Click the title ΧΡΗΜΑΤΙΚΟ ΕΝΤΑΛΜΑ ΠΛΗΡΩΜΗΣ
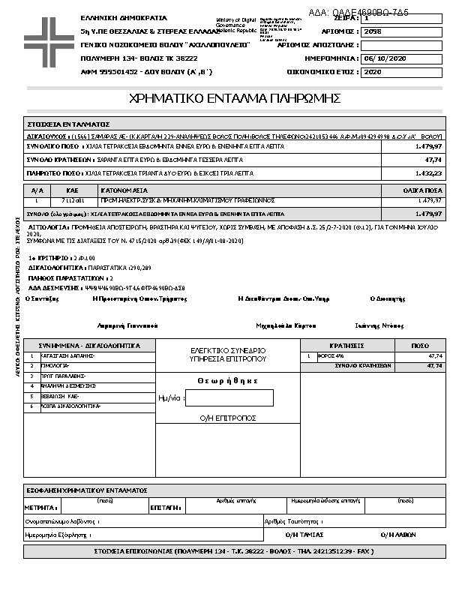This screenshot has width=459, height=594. (235, 98)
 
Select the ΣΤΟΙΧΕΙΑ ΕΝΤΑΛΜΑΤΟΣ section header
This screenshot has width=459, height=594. (69, 124)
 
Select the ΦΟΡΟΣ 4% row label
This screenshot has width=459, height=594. (329, 356)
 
